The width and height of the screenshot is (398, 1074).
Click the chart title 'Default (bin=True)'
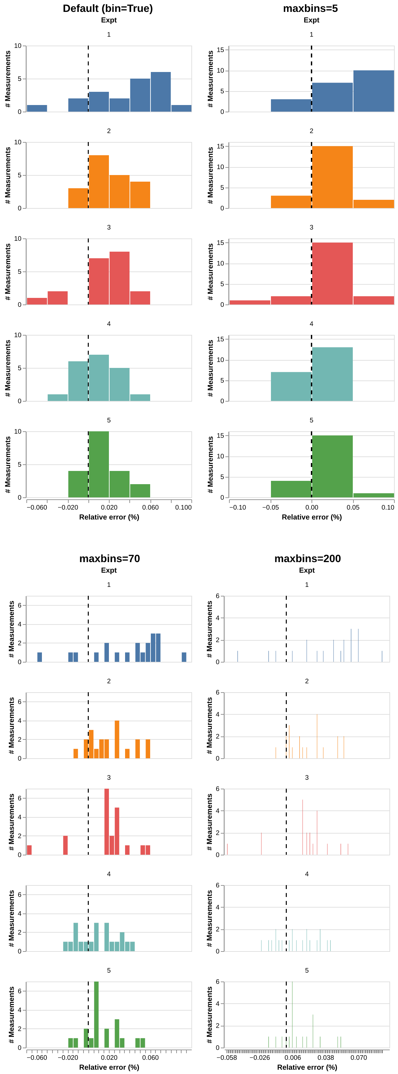pyautogui.click(x=108, y=8)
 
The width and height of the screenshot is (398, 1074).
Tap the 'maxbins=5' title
pyautogui.click(x=310, y=8)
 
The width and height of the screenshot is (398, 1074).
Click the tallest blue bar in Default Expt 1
pyautogui.click(x=160, y=92)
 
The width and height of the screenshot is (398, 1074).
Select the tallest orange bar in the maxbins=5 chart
pyautogui.click(x=332, y=177)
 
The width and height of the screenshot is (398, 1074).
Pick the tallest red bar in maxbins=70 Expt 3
pyautogui.click(x=107, y=821)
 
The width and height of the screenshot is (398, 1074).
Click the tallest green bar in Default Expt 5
pyautogui.click(x=99, y=464)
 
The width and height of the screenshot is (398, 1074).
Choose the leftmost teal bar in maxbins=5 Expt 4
pyautogui.click(x=291, y=386)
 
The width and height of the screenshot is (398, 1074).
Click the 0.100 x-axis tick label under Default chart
pyautogui.click(x=183, y=507)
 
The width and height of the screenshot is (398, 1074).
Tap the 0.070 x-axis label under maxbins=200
pyautogui.click(x=358, y=1057)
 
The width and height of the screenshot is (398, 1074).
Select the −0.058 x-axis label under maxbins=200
pyautogui.click(x=226, y=1057)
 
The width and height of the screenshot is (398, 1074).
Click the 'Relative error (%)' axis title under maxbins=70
pyautogui.click(x=109, y=1067)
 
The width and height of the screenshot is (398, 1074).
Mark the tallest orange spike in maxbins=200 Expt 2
pyautogui.click(x=317, y=736)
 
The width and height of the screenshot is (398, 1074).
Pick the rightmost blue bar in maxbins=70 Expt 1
pyautogui.click(x=184, y=657)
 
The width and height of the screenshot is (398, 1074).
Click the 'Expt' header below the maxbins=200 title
pyautogui.click(x=307, y=570)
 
